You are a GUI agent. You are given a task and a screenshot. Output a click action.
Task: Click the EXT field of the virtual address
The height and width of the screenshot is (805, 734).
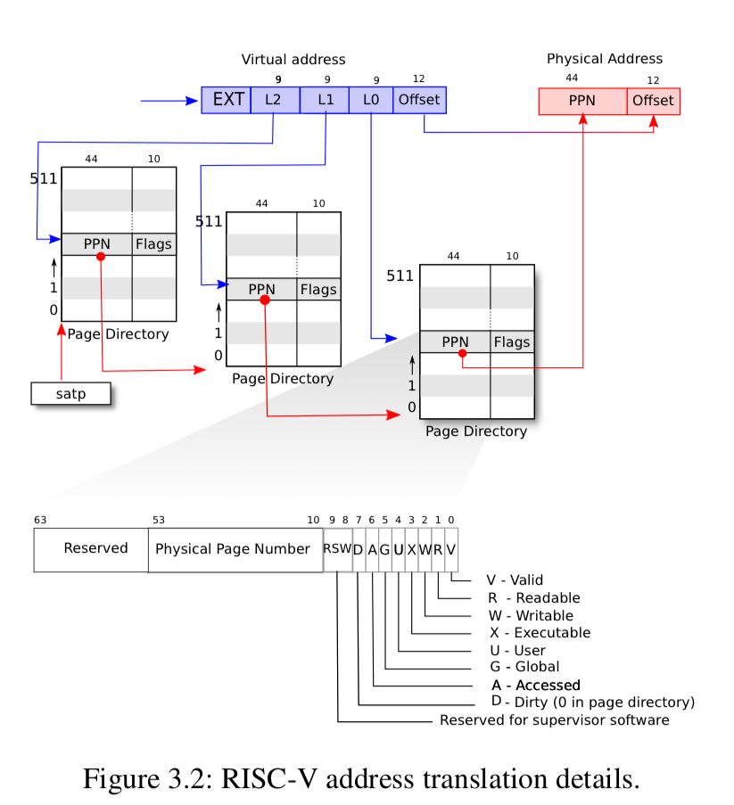(x=227, y=100)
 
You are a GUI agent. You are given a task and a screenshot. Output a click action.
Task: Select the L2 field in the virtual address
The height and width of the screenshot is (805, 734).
(x=275, y=100)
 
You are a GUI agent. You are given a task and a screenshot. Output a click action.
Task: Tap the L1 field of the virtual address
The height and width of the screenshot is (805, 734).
(x=325, y=100)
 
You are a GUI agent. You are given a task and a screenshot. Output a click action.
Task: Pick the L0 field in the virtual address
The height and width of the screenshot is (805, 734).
(x=371, y=100)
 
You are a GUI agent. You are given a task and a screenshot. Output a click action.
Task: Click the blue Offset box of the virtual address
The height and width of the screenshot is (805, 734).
(x=419, y=100)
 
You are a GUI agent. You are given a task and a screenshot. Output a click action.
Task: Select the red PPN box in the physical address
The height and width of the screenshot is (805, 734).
(x=582, y=101)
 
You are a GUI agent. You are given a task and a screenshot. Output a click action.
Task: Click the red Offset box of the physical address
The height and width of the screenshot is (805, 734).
(x=653, y=101)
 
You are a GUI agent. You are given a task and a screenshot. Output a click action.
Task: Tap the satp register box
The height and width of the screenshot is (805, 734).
(x=70, y=393)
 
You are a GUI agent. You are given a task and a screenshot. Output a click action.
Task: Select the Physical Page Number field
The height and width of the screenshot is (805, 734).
(x=234, y=549)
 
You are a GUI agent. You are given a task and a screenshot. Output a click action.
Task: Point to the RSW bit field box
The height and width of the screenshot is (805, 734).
(x=337, y=549)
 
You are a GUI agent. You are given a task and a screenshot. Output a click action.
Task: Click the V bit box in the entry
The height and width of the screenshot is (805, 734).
(x=451, y=549)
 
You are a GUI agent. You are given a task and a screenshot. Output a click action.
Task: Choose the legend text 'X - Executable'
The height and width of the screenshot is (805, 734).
(x=540, y=633)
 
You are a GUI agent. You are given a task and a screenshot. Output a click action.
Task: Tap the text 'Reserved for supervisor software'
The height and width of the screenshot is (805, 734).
(x=554, y=719)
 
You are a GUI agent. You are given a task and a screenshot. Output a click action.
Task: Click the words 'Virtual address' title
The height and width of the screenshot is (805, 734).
(x=293, y=60)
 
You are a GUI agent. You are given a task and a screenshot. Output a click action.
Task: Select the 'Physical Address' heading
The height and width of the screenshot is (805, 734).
(x=605, y=59)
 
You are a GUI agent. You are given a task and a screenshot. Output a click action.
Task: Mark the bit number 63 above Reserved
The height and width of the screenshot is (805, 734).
(x=40, y=520)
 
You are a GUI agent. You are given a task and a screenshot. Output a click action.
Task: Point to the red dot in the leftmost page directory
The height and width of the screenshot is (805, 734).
(x=101, y=257)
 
